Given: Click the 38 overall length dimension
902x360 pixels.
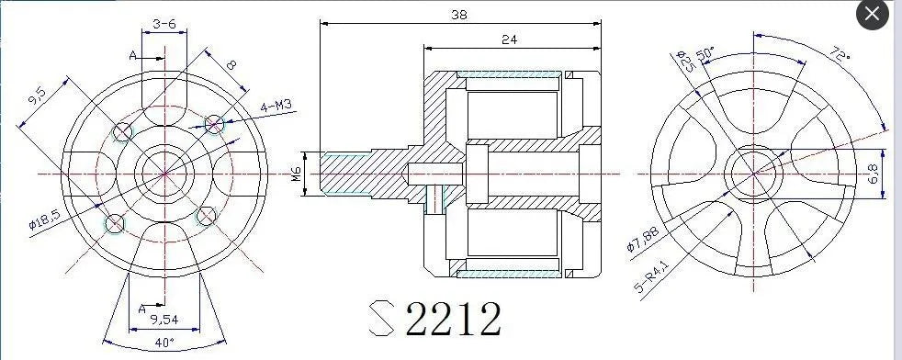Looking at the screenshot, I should (x=456, y=14).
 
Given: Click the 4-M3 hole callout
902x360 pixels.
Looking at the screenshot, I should (x=275, y=107).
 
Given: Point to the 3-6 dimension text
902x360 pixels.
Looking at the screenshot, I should (x=164, y=23).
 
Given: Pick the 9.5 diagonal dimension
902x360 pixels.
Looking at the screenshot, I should (x=37, y=96).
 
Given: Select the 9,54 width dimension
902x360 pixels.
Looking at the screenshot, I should (x=163, y=320).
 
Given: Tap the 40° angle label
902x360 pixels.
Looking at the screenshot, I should (x=163, y=344).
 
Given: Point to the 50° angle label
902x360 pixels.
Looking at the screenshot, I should (x=706, y=54).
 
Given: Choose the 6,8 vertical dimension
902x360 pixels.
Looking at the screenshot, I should (x=873, y=173).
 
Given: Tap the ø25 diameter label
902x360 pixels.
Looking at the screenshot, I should (x=684, y=62).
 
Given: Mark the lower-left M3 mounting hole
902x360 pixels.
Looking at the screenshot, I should (x=116, y=222).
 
